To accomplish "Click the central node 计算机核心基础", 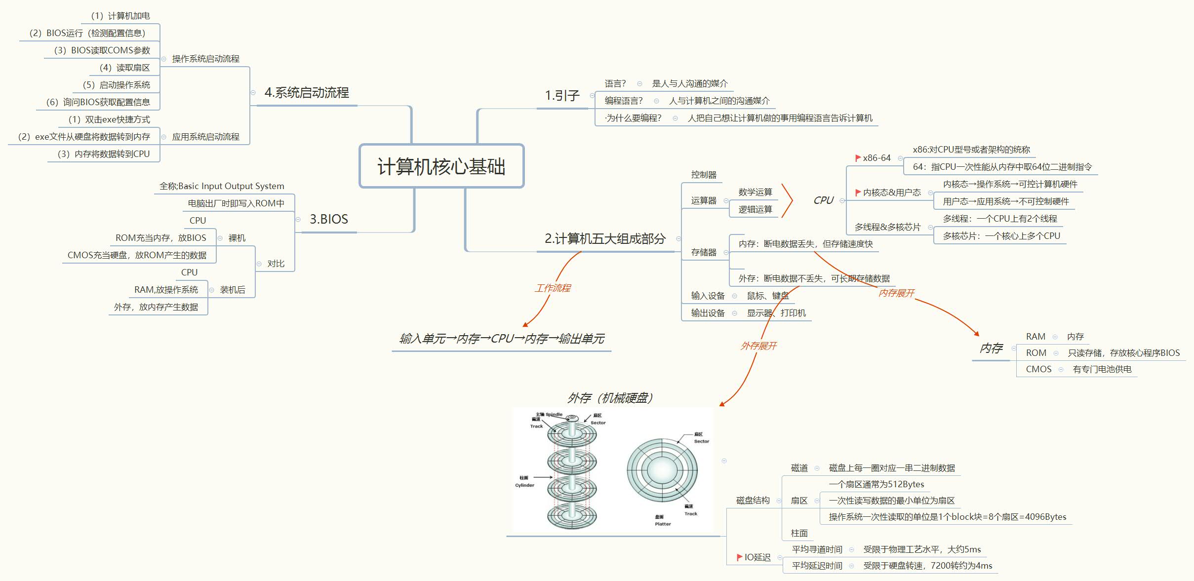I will [441, 166].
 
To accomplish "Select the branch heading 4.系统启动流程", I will [306, 93].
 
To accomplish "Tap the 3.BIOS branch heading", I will [328, 219].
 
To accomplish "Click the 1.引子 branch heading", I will [562, 95].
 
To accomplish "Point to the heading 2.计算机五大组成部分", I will [605, 239].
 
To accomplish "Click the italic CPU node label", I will [823, 200].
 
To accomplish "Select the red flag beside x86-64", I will [858, 158].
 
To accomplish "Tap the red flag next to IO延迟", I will [739, 557].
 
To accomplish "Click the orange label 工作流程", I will [553, 288].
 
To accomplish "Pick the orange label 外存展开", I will [758, 346].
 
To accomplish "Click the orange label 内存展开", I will [896, 293].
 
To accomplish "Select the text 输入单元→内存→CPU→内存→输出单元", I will [502, 339].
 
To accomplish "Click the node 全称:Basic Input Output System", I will [222, 186].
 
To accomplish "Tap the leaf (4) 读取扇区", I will [124, 68].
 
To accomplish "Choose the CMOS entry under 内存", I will [1038, 369].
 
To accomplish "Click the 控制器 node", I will [704, 175].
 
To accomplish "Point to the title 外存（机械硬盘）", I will [611, 398].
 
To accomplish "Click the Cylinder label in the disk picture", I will [524, 485].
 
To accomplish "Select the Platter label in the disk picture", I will [663, 524].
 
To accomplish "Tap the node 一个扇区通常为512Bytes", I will [876, 484].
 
